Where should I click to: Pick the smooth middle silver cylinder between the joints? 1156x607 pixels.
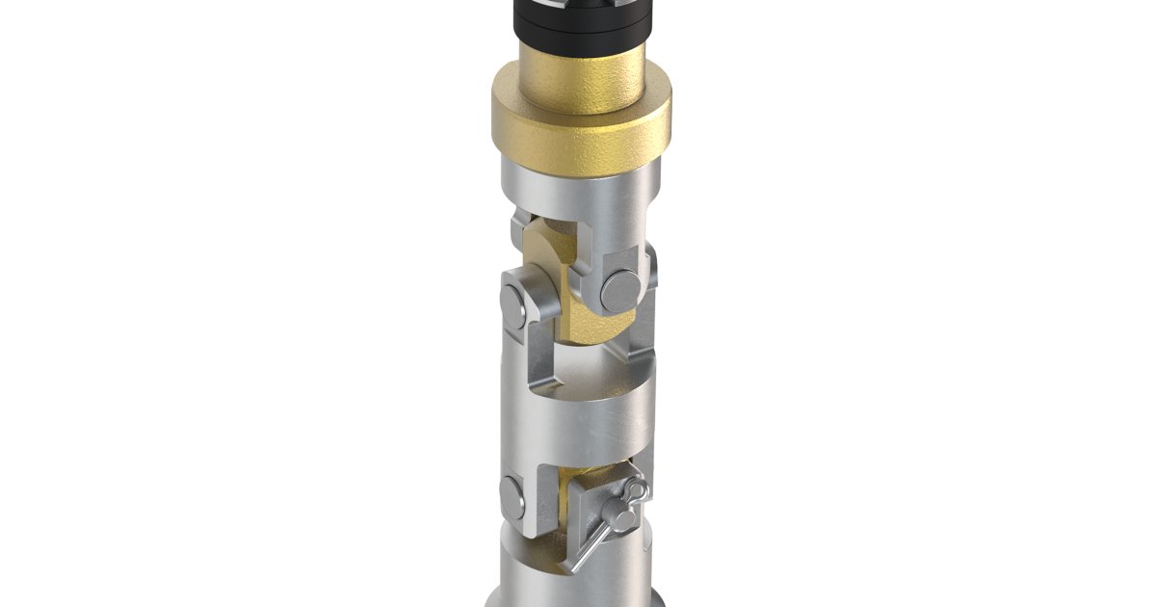(578, 424)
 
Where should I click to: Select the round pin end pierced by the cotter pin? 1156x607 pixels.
(622, 520)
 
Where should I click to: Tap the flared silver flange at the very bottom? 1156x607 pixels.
(578, 599)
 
